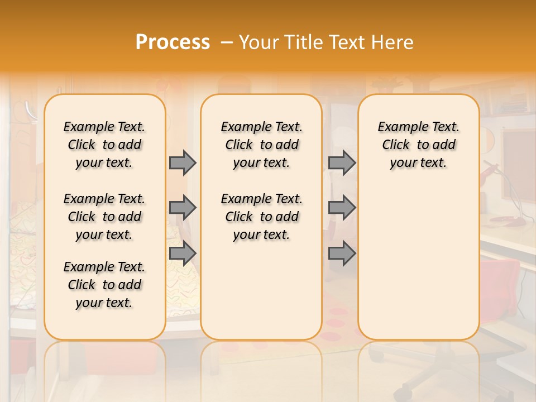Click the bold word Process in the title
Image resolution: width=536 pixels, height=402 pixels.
tap(172, 42)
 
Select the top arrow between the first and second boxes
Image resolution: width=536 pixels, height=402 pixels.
tap(183, 162)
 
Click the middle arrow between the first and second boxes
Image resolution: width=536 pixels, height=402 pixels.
tap(183, 208)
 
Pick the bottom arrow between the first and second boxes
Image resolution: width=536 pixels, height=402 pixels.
tap(183, 253)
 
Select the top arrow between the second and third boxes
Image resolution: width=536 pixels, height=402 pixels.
tap(342, 162)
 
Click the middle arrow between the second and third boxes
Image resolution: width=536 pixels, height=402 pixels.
tap(342, 208)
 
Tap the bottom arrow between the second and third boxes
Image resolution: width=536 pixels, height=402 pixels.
tap(342, 253)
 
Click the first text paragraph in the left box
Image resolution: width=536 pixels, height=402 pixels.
tap(104, 145)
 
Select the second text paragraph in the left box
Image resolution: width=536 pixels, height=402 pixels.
tap(104, 217)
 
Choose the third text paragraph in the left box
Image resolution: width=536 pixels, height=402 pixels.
tap(104, 285)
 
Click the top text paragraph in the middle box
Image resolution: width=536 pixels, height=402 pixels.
tap(261, 145)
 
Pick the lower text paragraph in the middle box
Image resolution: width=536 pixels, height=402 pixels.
tap(261, 217)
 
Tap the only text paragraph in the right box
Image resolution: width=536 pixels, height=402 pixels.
tap(418, 145)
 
